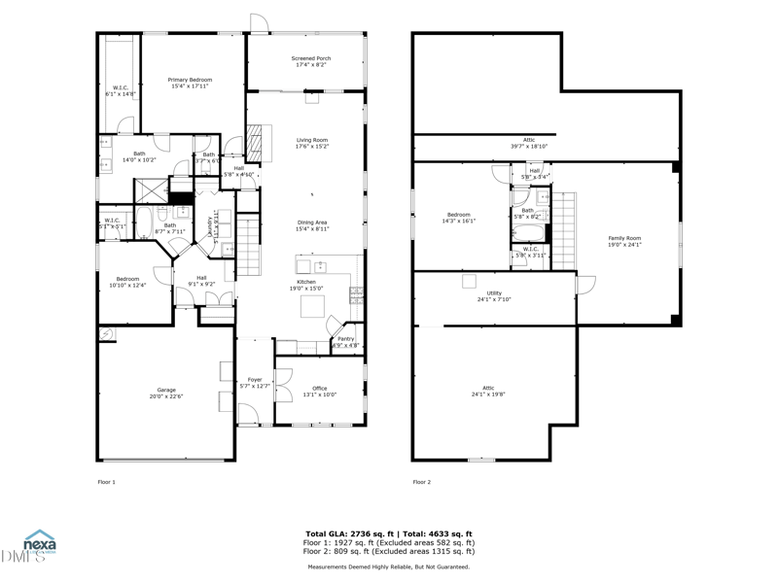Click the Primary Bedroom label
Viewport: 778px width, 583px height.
pyautogui.click(x=190, y=83)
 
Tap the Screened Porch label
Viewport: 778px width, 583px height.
pyautogui.click(x=311, y=62)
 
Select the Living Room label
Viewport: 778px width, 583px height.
pyautogui.click(x=312, y=143)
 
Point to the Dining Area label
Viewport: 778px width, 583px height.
pyautogui.click(x=312, y=225)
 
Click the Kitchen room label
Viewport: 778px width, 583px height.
pyautogui.click(x=307, y=285)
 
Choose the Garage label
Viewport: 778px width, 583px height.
pyautogui.click(x=167, y=393)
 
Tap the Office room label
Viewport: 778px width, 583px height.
pyautogui.click(x=320, y=391)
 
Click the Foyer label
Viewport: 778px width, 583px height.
pyautogui.click(x=255, y=383)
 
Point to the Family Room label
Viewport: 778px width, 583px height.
pyautogui.click(x=625, y=241)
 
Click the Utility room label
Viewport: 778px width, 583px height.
pyautogui.click(x=495, y=295)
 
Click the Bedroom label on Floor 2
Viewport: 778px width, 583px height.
pyautogui.click(x=459, y=218)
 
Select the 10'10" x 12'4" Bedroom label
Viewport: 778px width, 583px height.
pyautogui.click(x=128, y=282)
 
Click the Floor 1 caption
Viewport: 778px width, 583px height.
pyautogui.click(x=107, y=482)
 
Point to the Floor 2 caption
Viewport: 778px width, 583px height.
pyautogui.click(x=421, y=482)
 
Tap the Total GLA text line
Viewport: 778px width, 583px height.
pyautogui.click(x=389, y=534)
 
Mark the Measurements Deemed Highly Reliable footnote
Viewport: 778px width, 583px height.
pyautogui.click(x=389, y=566)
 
